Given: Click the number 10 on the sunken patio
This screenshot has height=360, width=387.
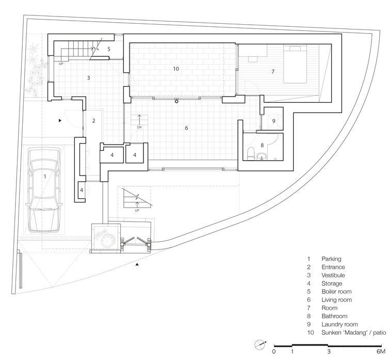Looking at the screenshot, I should pos(175,68).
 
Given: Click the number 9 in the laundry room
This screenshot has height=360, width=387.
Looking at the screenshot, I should pos(274,121).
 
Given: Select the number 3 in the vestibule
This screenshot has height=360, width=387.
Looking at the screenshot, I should pos(89,78).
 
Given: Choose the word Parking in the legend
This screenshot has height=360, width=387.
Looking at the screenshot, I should pos(331,259).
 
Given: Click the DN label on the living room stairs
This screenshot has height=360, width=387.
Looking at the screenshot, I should pos(138,127).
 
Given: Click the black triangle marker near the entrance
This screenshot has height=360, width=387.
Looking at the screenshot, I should pos(60,120).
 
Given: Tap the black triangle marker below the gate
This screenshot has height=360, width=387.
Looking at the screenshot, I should pos(137,264).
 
